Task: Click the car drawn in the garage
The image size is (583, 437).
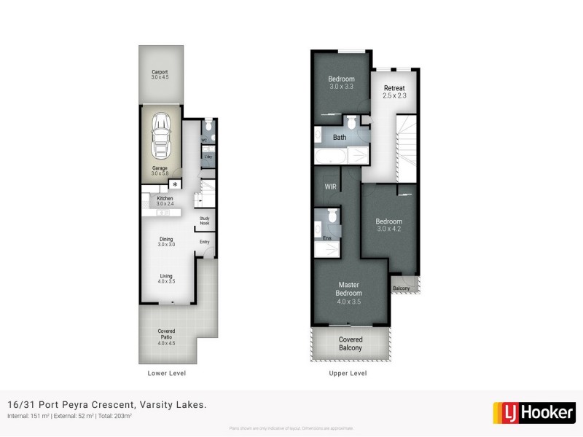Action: (x=160, y=138)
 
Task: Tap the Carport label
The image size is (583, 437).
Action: (x=160, y=74)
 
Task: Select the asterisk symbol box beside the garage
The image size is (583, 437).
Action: (x=174, y=185)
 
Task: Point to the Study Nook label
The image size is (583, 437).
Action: (x=205, y=221)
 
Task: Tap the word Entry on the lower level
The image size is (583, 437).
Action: (x=204, y=243)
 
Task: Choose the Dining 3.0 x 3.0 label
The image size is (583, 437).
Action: (x=166, y=242)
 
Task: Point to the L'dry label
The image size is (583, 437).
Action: (x=207, y=157)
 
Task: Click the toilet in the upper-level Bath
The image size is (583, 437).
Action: (x=351, y=122)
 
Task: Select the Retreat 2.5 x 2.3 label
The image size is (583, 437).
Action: (x=394, y=92)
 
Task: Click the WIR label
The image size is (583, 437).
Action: (x=329, y=186)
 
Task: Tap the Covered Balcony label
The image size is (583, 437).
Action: (x=350, y=344)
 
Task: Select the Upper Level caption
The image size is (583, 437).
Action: (x=349, y=373)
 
